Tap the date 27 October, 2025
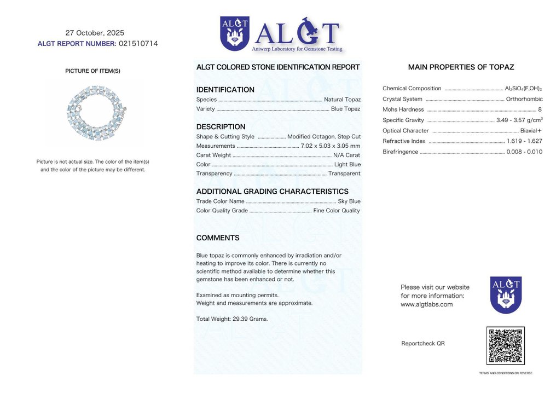tap(95, 33)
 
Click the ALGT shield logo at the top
tap(234, 33)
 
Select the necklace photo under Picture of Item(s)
tap(95, 112)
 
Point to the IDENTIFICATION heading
tap(225, 90)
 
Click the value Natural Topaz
tap(342, 100)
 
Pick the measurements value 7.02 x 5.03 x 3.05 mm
tap(331, 146)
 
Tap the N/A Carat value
tap(347, 155)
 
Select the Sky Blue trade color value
tap(349, 201)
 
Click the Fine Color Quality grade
tap(337, 211)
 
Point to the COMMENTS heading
tap(218, 238)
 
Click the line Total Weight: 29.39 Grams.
tap(232, 319)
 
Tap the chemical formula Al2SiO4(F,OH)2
tap(523, 89)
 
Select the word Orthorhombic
tap(524, 99)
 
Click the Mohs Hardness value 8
tap(540, 109)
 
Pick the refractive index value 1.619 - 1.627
tap(525, 141)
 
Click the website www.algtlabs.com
tap(426, 304)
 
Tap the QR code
tap(505, 346)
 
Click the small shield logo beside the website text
tap(505, 294)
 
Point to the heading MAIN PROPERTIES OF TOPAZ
tap(461, 67)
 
